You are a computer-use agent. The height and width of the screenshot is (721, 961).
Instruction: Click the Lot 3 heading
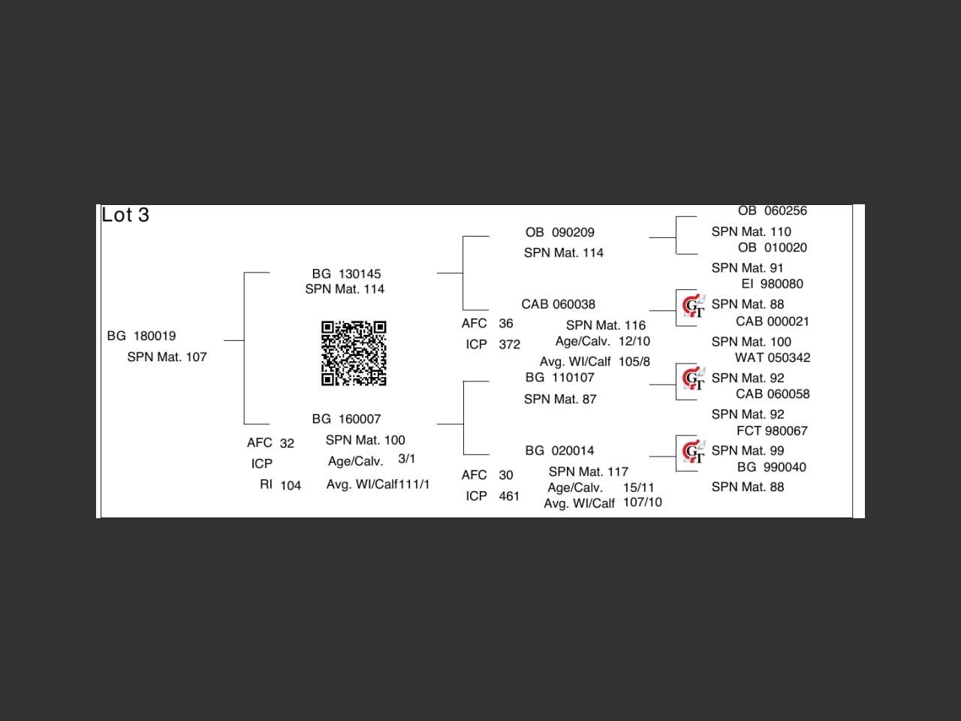click(x=125, y=216)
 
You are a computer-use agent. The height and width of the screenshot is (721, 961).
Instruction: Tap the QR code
click(x=354, y=353)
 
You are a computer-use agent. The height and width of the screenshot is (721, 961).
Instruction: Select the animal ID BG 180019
click(x=141, y=336)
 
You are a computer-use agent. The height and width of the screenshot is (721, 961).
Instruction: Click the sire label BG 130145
click(x=346, y=274)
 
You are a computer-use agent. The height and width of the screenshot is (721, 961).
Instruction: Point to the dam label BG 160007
click(x=346, y=419)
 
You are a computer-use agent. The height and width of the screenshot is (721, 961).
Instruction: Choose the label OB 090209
click(x=559, y=233)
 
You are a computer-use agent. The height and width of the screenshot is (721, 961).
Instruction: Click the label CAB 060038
click(x=558, y=304)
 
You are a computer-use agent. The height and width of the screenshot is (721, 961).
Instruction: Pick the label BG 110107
click(x=559, y=378)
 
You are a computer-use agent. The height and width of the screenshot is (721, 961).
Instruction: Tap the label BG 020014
click(x=559, y=451)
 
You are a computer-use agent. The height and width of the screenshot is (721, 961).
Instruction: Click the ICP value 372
click(x=509, y=345)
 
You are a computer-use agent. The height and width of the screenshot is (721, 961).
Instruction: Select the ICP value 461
click(x=509, y=496)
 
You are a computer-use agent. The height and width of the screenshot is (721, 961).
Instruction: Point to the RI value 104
click(x=291, y=486)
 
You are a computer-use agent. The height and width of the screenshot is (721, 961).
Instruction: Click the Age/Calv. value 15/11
click(x=638, y=488)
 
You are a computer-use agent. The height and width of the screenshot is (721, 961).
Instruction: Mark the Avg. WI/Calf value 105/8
click(x=634, y=362)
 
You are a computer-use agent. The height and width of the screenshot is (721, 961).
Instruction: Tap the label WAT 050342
click(x=773, y=358)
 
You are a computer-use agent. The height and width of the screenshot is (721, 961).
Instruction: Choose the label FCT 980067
click(x=772, y=431)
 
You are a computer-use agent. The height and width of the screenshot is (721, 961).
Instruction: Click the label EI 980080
click(x=772, y=284)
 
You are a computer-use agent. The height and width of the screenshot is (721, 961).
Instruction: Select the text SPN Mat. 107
click(x=167, y=357)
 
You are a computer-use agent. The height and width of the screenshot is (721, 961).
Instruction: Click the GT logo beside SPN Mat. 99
click(x=693, y=451)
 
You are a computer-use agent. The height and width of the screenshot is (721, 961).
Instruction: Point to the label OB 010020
click(x=772, y=248)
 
